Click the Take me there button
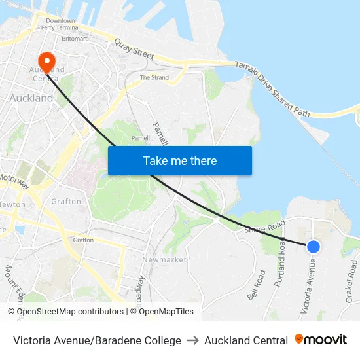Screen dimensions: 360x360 pos(180,160)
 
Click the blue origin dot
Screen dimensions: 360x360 pos(314,246)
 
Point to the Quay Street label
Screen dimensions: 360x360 pos(134,50)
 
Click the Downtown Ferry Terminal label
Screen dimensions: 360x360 pos(60,24)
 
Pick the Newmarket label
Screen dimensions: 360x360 pos(164,260)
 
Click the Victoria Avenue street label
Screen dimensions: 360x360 pos(308,285)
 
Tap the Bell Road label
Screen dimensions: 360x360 pos(255,285)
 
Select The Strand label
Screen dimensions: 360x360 pos(154,77)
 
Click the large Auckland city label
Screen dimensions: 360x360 pos(31,98)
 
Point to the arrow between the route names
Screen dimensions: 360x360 pos(192,340)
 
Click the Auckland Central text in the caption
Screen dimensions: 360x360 pos(245,340)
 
